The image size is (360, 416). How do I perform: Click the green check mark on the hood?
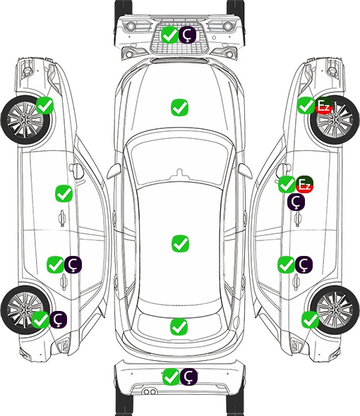(x=180, y=107)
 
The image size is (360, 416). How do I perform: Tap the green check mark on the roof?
(x=181, y=243)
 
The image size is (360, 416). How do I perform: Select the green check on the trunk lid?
(x=179, y=326)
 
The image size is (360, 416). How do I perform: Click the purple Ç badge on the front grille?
(x=187, y=35)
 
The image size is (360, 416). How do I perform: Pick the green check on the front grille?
(x=170, y=35)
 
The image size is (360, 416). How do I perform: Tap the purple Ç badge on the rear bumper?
(x=189, y=377)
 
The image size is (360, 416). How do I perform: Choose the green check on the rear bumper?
(x=171, y=377)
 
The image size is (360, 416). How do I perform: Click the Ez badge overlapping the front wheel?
(x=323, y=106)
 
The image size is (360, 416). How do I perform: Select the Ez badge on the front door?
(x=305, y=185)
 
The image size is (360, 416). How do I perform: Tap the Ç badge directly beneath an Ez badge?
(x=296, y=202)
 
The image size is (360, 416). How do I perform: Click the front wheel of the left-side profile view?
(x=25, y=120)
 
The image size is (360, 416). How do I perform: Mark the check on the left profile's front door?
(x=64, y=193)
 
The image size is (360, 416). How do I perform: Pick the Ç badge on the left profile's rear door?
(x=73, y=264)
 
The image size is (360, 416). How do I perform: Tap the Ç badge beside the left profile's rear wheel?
(x=58, y=319)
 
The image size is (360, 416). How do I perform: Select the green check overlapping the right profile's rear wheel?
(x=310, y=319)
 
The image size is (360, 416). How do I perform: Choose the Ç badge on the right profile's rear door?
(x=304, y=264)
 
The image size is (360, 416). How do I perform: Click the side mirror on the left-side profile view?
(x=76, y=171)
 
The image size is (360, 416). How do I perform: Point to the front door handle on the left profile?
(x=62, y=219)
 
